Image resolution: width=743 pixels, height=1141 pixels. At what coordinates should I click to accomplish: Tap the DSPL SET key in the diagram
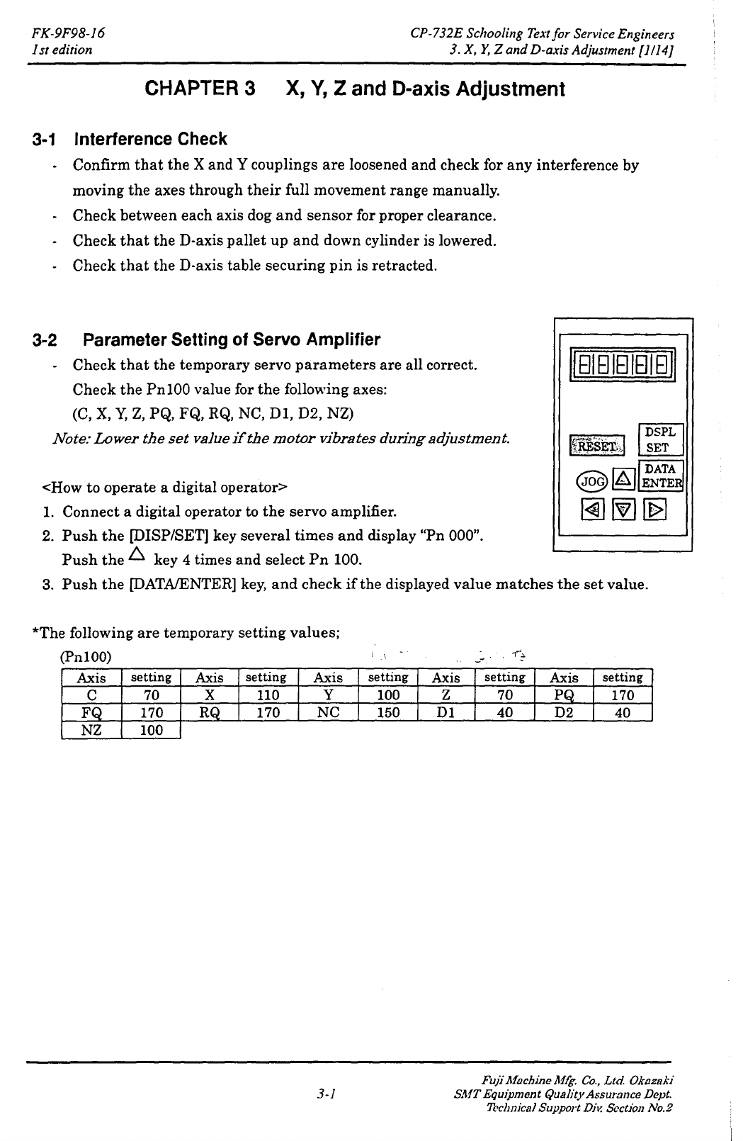tap(660, 439)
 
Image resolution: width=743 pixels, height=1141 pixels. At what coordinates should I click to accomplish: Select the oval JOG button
tap(592, 480)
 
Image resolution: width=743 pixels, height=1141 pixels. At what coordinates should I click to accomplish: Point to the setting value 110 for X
tap(267, 695)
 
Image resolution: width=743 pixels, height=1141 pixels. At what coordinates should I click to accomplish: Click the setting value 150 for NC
tap(387, 712)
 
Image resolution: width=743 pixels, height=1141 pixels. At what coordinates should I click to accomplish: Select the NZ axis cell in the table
tap(92, 730)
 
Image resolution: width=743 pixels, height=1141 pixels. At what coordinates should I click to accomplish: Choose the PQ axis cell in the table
tap(563, 695)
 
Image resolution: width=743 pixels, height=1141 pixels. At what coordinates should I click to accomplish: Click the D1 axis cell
tap(446, 712)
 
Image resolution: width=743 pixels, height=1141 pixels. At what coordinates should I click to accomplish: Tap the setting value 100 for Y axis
tap(387, 695)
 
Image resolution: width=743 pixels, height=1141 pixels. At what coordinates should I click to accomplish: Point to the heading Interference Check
tap(151, 139)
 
